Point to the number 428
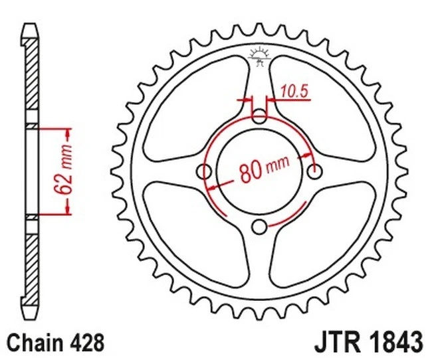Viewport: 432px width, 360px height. click(x=88, y=343)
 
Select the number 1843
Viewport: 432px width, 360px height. click(x=396, y=343)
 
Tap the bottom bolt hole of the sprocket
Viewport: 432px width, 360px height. click(x=260, y=227)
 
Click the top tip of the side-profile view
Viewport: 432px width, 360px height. click(x=31, y=27)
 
